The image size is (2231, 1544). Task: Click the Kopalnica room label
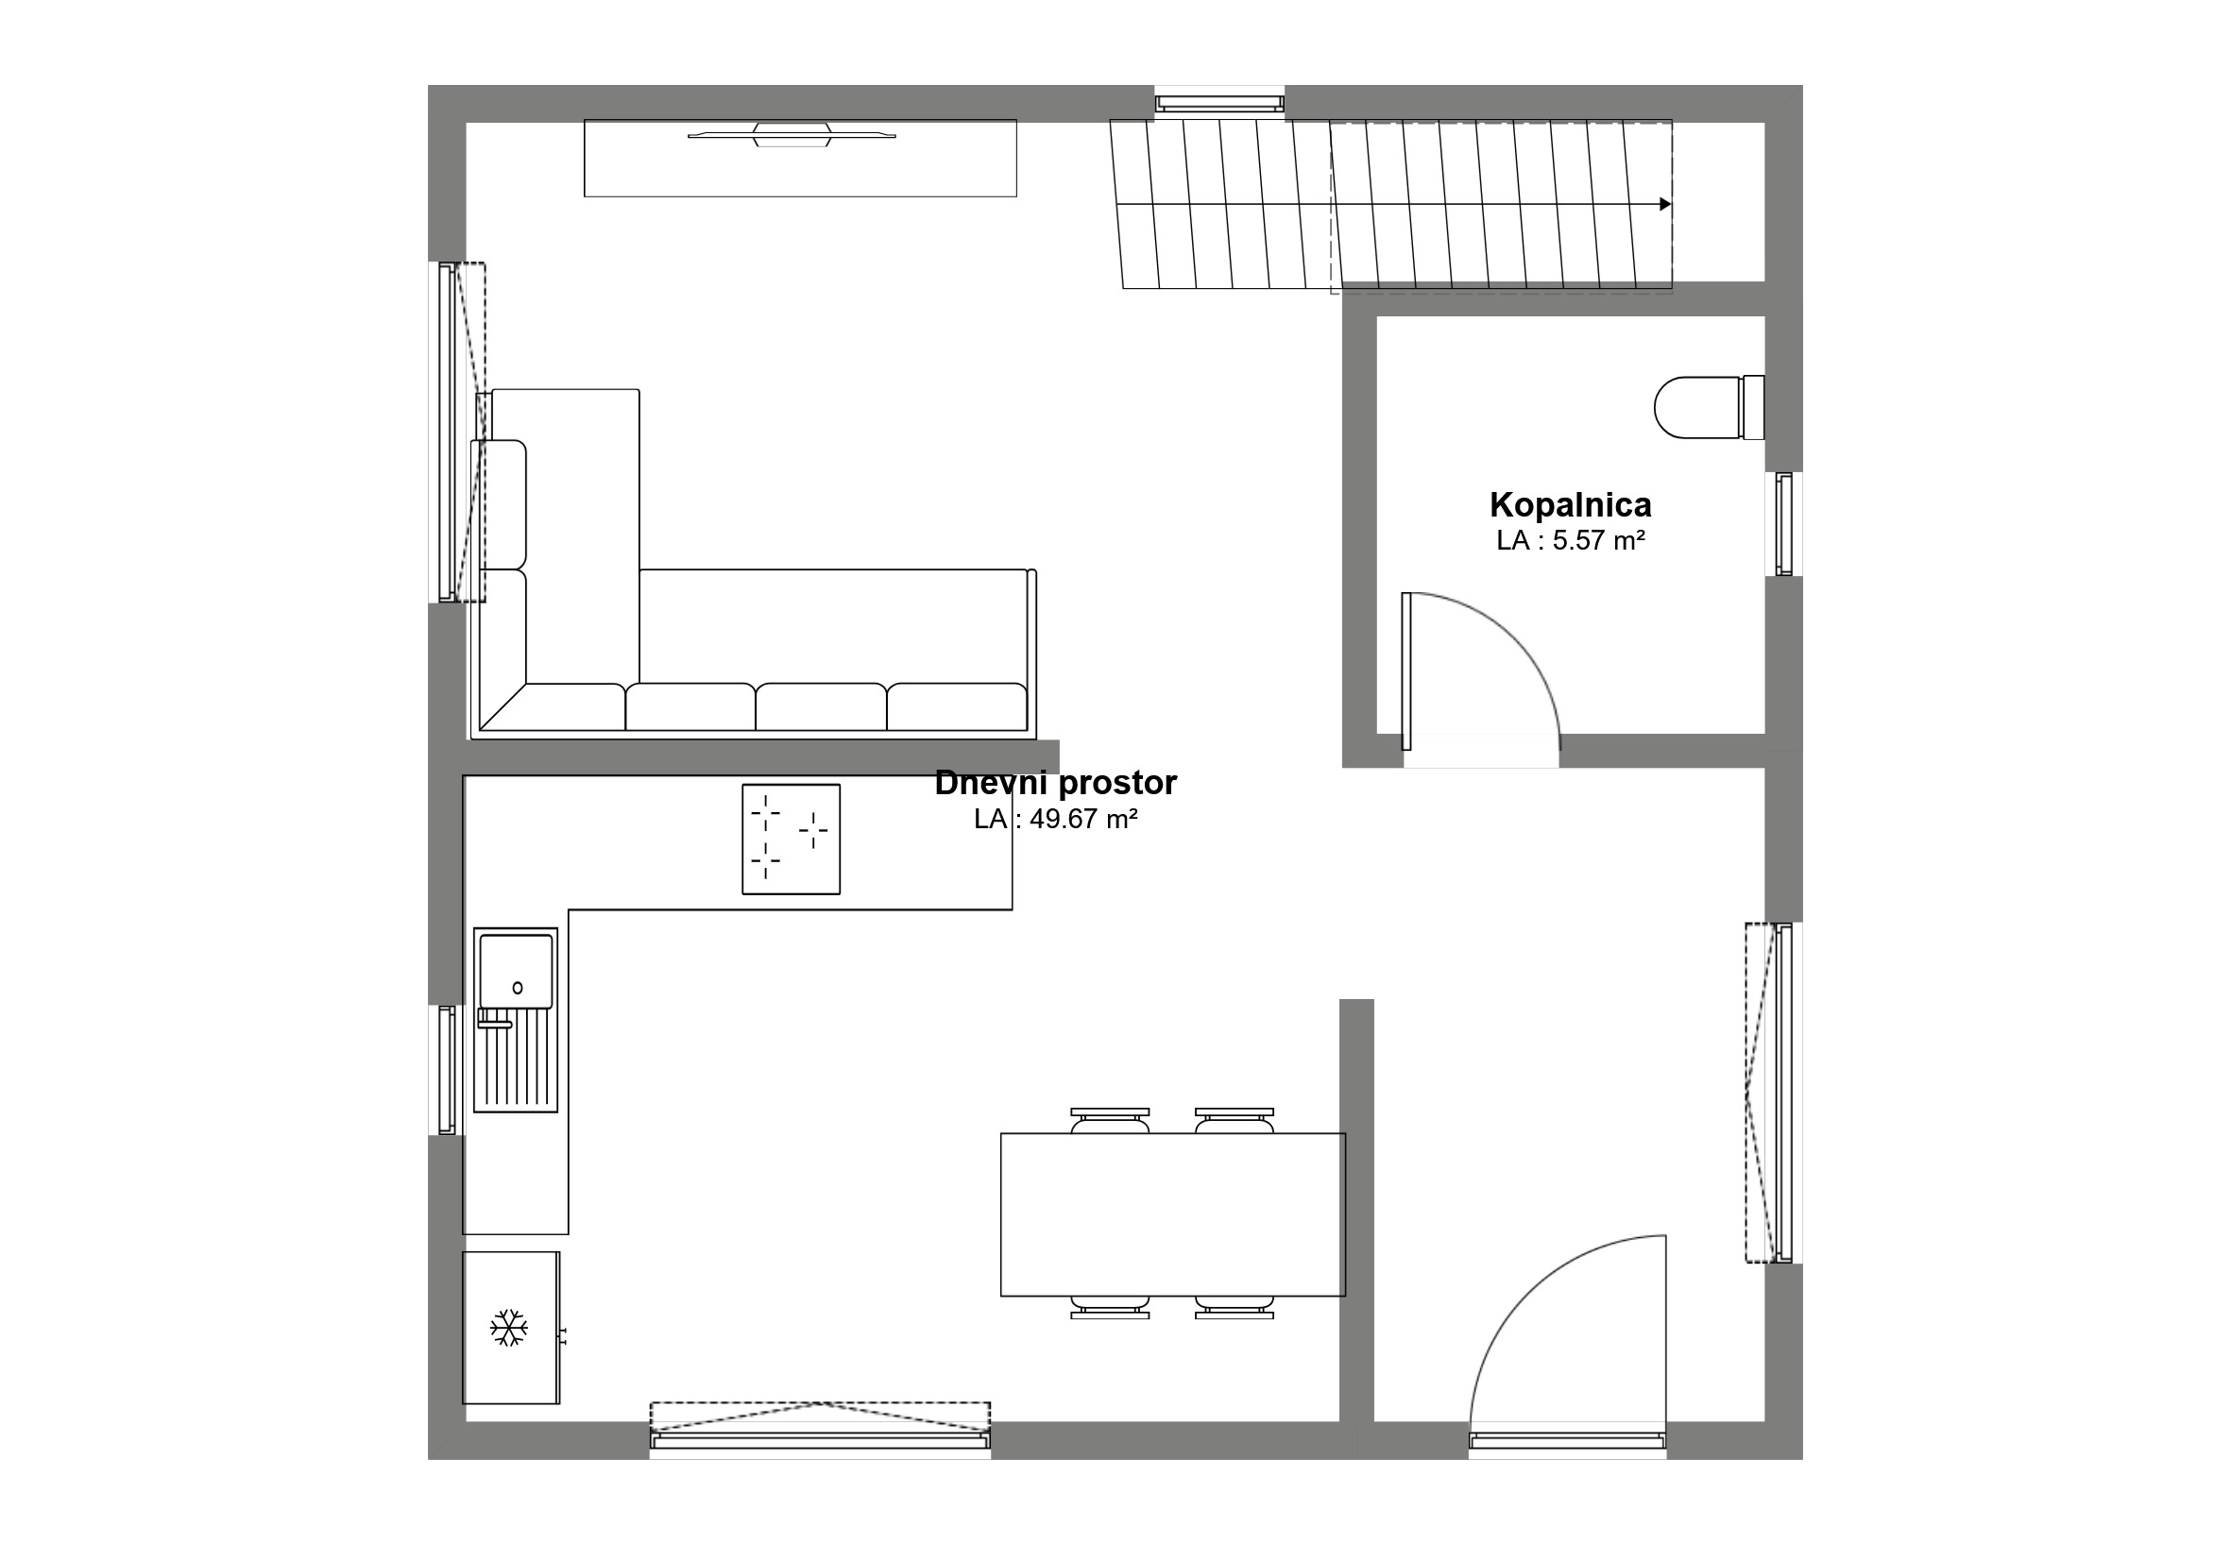[x=1570, y=505]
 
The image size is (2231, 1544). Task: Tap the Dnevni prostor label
[x=1055, y=783]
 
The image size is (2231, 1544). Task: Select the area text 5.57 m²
[x=1598, y=541]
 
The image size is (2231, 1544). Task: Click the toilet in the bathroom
[x=1709, y=407]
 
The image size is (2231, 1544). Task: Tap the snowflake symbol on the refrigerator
[x=509, y=1328]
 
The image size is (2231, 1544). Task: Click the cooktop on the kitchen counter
[x=791, y=839]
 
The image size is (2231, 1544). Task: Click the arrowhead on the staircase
[x=1665, y=204]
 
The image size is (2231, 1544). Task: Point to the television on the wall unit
[x=792, y=134]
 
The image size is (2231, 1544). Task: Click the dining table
[x=1172, y=1214]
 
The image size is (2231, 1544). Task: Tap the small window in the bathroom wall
[x=1784, y=524]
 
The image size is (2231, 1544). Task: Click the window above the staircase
[x=1219, y=103]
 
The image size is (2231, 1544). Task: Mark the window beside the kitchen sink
[x=447, y=1070]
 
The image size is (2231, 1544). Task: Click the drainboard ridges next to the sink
[x=516, y=1061]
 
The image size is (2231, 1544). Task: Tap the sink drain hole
[x=518, y=988]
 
